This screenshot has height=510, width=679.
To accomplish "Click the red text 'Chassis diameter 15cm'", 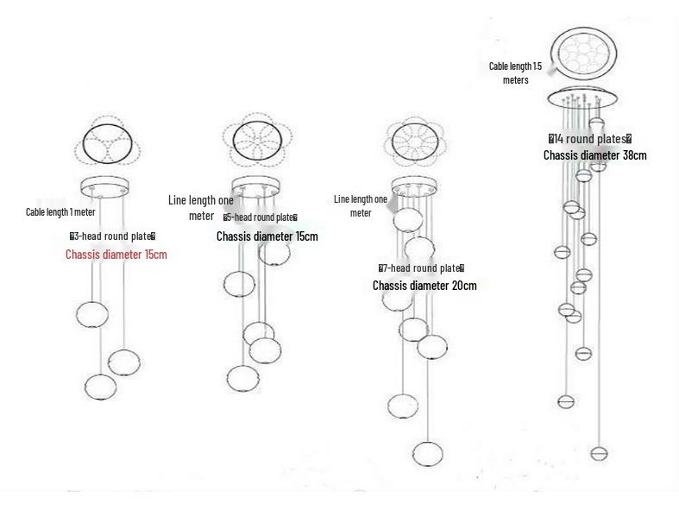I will [x=116, y=255].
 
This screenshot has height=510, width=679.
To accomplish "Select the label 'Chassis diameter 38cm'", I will [x=594, y=155].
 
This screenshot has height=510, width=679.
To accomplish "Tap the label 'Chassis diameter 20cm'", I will [x=424, y=286].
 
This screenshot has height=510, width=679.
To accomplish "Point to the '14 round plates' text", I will [x=590, y=139].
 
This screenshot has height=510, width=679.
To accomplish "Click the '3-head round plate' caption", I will [x=112, y=236].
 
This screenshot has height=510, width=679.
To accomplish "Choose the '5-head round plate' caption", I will [x=261, y=217].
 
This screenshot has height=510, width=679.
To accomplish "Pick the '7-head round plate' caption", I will [x=421, y=268].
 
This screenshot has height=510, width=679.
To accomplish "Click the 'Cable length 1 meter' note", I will [x=60, y=211].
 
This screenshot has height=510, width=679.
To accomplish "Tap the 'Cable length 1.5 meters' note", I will [x=516, y=72].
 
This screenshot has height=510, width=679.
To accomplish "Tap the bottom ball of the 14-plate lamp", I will [x=598, y=452].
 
